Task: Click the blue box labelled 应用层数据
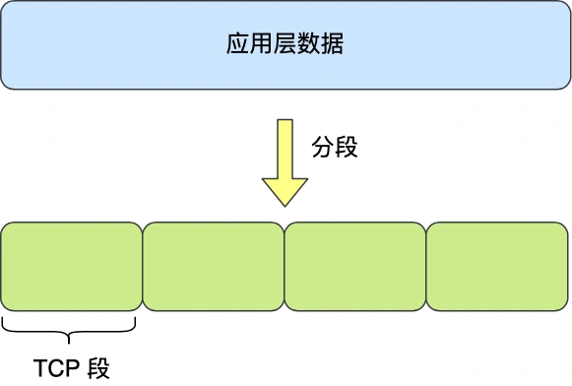point(286,45)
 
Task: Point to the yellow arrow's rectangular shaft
point(285,148)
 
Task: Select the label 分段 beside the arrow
point(335,148)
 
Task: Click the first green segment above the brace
point(72,265)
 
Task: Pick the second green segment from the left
point(214,265)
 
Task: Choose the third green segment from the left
point(355,265)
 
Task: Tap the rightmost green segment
point(497,265)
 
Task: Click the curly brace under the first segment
point(69,327)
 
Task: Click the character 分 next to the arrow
point(323,148)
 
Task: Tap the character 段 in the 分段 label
point(347,148)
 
